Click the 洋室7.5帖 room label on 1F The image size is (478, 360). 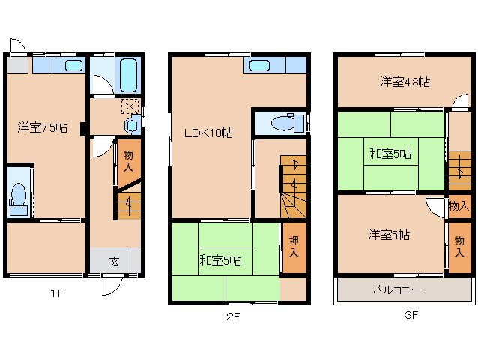click(x=43, y=128)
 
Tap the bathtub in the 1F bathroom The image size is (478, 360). click(x=129, y=73)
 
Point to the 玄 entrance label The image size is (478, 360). click(x=114, y=261)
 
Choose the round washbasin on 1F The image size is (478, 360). click(x=131, y=124)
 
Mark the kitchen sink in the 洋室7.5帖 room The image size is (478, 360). click(x=73, y=65)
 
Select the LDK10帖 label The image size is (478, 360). click(x=209, y=133)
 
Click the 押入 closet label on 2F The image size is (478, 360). click(x=294, y=247)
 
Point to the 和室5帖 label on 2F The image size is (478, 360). click(x=220, y=260)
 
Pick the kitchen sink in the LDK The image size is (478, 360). click(x=259, y=65)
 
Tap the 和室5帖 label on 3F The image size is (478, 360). click(x=390, y=154)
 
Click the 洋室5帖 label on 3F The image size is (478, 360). click(x=388, y=235)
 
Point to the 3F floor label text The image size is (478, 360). click(x=411, y=315)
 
